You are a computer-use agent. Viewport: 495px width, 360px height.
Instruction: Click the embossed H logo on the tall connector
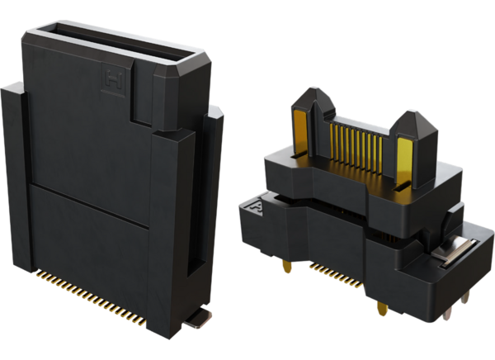[x=110, y=78]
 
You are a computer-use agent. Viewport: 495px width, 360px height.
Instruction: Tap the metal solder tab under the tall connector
[x=197, y=320]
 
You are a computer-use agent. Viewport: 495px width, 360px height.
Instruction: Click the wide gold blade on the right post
[x=404, y=161]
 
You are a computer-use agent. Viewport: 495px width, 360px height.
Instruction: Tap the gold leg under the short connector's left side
[x=287, y=268]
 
